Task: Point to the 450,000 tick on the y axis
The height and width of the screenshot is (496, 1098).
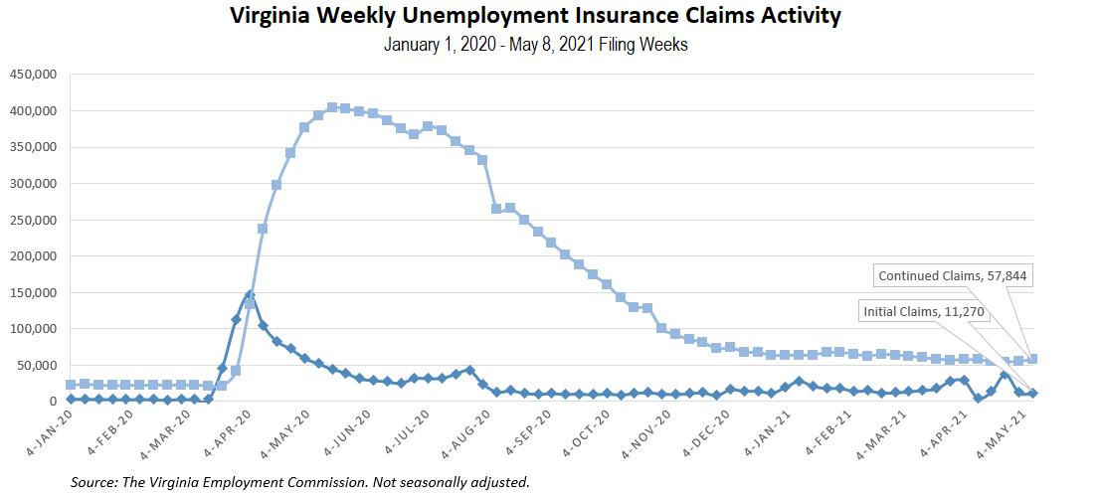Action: pyautogui.click(x=34, y=75)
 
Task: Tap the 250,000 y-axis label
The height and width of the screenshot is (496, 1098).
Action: pyautogui.click(x=34, y=220)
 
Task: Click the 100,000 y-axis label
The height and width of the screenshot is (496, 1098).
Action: pyautogui.click(x=34, y=329)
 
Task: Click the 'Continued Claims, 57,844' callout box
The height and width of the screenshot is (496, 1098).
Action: pyautogui.click(x=953, y=275)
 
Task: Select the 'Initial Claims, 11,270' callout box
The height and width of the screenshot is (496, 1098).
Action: pyautogui.click(x=925, y=312)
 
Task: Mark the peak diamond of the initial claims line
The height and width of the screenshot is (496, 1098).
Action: pyautogui.click(x=250, y=295)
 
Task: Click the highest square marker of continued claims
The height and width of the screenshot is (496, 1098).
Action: pyautogui.click(x=332, y=107)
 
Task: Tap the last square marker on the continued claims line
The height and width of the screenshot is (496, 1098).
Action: pyautogui.click(x=1032, y=359)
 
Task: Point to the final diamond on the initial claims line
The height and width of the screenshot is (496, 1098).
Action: pyautogui.click(x=1032, y=394)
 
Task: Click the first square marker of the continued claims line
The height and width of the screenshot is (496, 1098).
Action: pyautogui.click(x=71, y=385)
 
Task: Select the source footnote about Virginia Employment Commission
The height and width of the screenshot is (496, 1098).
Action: pyautogui.click(x=299, y=482)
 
